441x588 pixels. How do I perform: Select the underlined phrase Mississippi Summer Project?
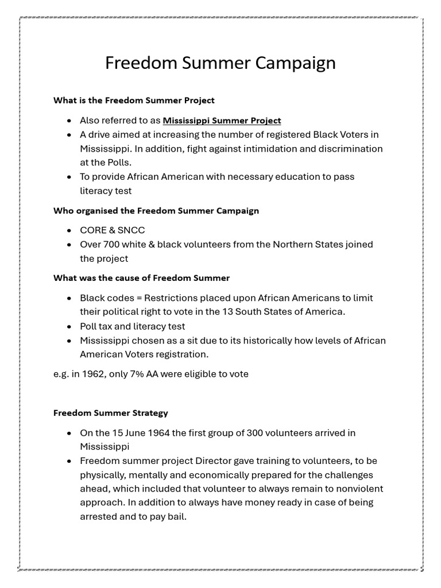pos(222,121)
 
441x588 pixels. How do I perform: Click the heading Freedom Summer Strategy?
pos(111,413)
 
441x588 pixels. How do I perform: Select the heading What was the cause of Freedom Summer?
pos(141,278)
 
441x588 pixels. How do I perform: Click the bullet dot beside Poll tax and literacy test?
pos(69,327)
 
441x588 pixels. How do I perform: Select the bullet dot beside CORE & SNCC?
pos(69,231)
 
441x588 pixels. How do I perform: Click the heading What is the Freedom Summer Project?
pos(134,100)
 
